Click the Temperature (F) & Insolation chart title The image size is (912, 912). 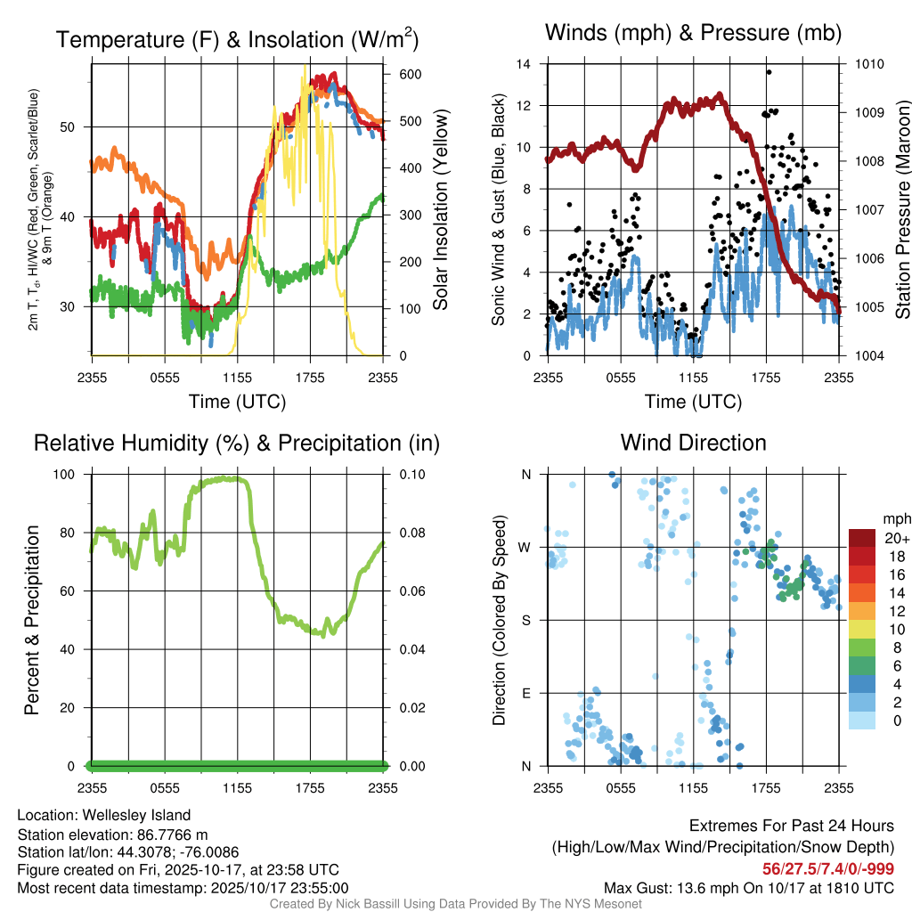point(237,39)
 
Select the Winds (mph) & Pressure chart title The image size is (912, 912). point(693,33)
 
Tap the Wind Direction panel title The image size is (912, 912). point(693,443)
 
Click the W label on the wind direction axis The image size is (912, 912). point(525,547)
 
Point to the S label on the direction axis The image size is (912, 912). point(525,620)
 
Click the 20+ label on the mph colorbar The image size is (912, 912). point(895,538)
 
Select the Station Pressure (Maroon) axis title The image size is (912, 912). point(901,209)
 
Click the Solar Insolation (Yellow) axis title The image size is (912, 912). point(440,209)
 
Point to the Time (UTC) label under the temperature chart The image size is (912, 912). point(237,402)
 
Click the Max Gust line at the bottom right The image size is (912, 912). point(748,887)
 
